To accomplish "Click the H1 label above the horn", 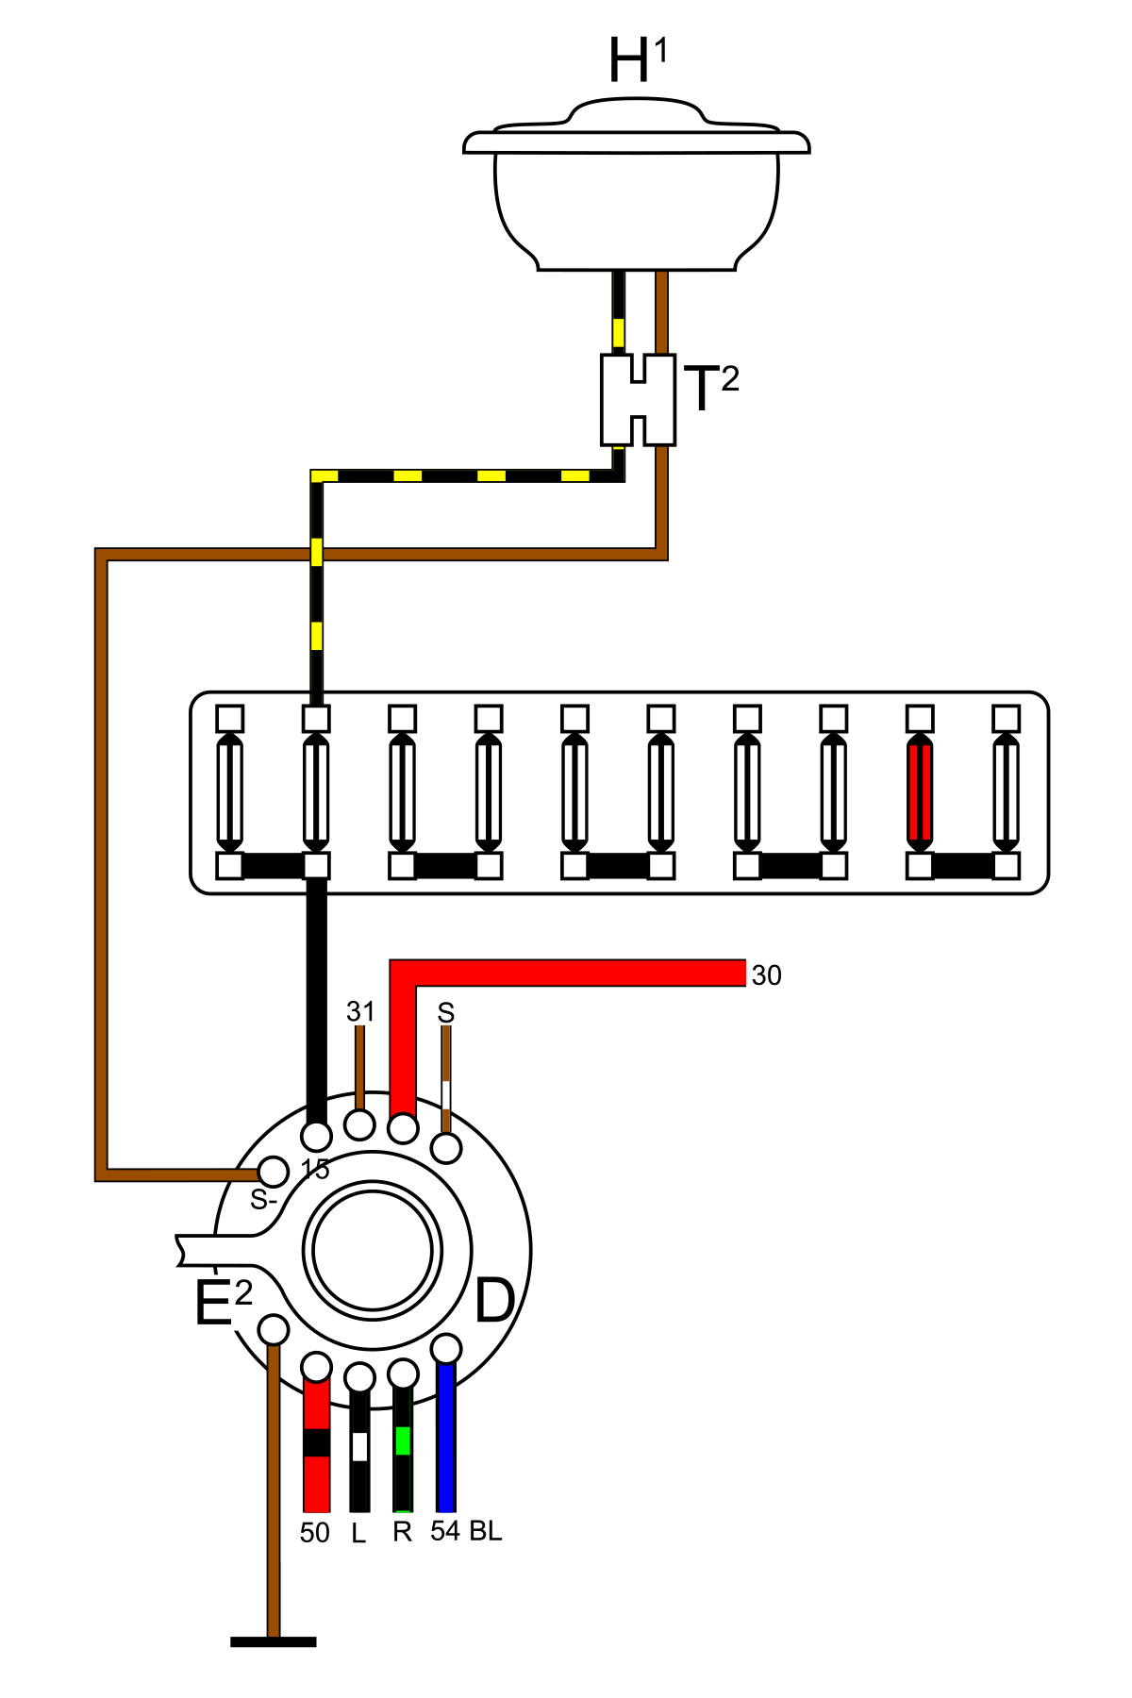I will coord(638,61).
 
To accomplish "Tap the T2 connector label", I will coord(710,388).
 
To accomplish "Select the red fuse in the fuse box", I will coord(920,791).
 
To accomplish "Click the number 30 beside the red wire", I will coord(766,975).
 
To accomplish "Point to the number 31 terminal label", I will coord(360,1012).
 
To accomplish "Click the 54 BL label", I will coord(466,1531).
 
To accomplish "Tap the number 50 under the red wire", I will coord(315,1533).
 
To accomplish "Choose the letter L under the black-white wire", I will coord(358,1535).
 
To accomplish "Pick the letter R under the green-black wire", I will coord(403,1532).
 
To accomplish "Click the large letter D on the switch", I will coord(495,1302).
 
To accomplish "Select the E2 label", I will coord(223,1304).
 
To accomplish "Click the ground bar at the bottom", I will coord(273,1642).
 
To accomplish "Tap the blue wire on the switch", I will coord(446,1443).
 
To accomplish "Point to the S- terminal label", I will coord(263,1201).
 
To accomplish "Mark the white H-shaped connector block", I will coord(639,400).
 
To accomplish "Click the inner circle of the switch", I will coord(373,1251).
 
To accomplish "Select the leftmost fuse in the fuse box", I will coord(230,791).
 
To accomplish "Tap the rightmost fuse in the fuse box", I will coord(1007,791).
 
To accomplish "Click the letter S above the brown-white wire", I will coord(446,1013).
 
